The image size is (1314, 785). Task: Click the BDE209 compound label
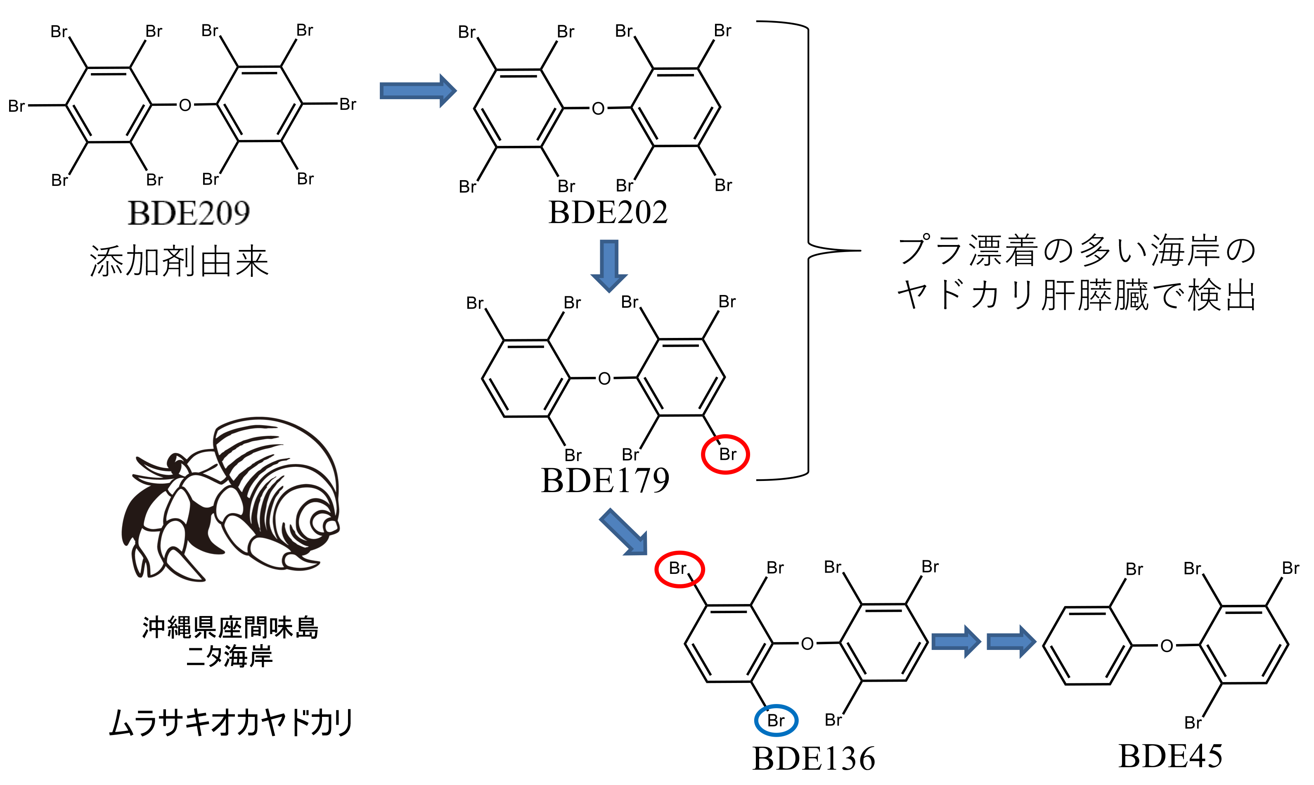[188, 213]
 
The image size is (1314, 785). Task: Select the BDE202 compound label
[608, 213]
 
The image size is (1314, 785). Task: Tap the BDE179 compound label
[605, 481]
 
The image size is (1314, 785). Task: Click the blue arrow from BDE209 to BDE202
[417, 91]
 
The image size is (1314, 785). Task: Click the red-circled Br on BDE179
[725, 454]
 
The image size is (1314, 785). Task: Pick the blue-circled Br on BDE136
[776, 720]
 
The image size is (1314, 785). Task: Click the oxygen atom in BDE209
[185, 105]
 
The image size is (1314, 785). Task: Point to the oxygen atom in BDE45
[1167, 646]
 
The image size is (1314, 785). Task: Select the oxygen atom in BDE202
[598, 109]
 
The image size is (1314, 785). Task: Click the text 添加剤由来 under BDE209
[179, 261]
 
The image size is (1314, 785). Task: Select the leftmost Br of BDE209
[17, 106]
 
